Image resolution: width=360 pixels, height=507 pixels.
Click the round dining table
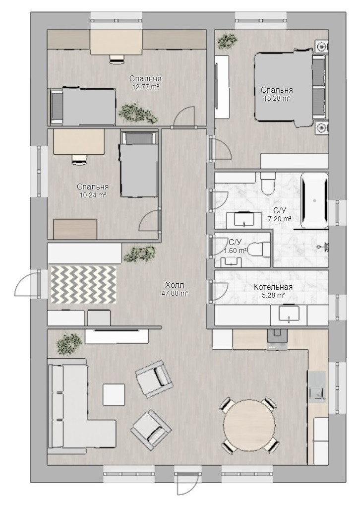pyautogui.click(x=249, y=424)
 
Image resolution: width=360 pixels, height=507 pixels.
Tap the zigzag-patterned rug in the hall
pyautogui.click(x=83, y=285)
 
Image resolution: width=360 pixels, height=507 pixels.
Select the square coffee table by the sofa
pyautogui.click(x=114, y=394)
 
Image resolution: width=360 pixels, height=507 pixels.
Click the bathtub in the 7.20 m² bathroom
pyautogui.click(x=315, y=200)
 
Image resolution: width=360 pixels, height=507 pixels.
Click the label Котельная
pyautogui.click(x=273, y=287)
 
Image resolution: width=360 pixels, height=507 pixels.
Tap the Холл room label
pyautogui.click(x=175, y=285)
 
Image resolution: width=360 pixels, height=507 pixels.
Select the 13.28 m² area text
pyautogui.click(x=277, y=98)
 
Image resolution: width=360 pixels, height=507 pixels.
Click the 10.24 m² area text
pyautogui.click(x=93, y=195)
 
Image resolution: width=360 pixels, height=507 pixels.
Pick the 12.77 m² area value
pyautogui.click(x=145, y=87)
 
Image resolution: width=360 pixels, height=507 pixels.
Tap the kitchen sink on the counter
pyautogui.click(x=317, y=387)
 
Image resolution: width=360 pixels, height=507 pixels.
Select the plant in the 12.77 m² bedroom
pyautogui.click(x=138, y=113)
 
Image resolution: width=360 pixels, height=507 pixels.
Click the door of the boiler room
pyautogui.click(x=219, y=291)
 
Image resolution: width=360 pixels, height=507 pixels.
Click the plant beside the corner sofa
pyautogui.click(x=68, y=343)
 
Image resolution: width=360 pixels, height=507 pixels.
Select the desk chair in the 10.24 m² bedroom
pyautogui.click(x=79, y=159)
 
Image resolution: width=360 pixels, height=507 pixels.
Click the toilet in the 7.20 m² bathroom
pyautogui.click(x=268, y=184)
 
